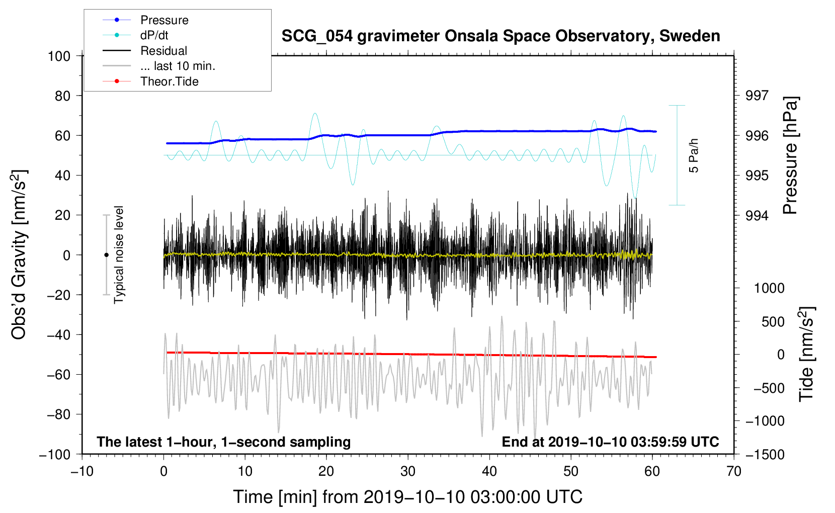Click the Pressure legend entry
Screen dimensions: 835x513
tap(145, 20)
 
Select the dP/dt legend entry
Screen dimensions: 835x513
tap(135, 35)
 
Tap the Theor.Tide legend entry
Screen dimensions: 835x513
tap(150, 81)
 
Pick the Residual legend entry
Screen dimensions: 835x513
tap(145, 51)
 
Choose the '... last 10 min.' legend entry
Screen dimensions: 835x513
tap(159, 66)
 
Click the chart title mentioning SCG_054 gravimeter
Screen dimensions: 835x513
tap(500, 36)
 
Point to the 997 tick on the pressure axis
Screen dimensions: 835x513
tap(757, 96)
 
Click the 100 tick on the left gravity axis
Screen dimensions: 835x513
tap(59, 56)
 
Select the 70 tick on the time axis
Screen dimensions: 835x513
tap(733, 472)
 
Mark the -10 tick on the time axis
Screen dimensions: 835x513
tap(82, 472)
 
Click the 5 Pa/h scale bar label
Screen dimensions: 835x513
tap(693, 155)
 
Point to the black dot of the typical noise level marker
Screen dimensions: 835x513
tap(106, 255)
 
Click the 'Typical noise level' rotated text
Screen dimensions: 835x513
tap(119, 254)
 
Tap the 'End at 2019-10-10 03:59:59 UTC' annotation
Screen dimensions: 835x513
tap(610, 442)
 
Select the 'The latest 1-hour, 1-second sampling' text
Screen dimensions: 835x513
tap(224, 442)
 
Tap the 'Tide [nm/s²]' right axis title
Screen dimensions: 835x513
tap(807, 354)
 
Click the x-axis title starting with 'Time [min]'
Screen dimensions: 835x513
tap(408, 497)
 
